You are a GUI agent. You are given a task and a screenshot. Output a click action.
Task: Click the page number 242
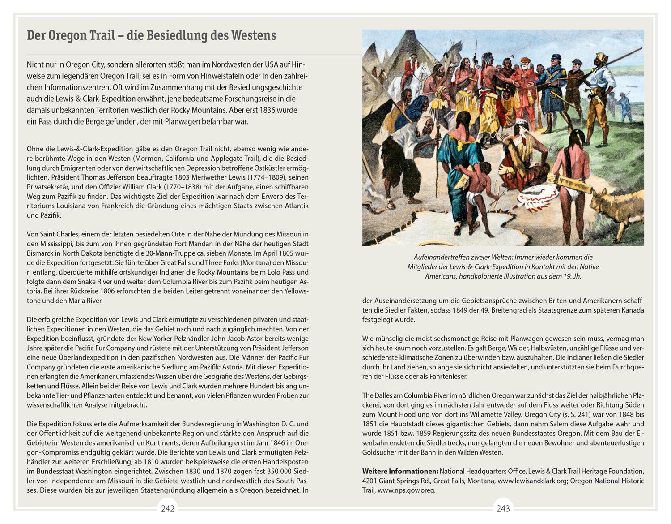[x=168, y=508]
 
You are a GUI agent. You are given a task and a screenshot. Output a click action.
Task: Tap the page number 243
[x=503, y=508]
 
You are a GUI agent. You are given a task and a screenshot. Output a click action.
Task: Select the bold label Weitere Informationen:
[x=400, y=471]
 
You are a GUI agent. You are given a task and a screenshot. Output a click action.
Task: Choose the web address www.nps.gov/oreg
[x=406, y=490]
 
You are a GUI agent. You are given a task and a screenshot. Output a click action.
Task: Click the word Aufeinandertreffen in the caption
[x=441, y=257]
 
